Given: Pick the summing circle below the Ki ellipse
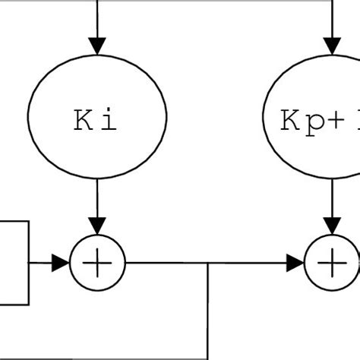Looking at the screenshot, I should [97, 264].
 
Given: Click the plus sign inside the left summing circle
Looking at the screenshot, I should [97, 264].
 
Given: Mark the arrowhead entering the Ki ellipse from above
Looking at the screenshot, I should [96, 45].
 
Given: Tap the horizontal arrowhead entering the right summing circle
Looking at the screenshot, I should [295, 264].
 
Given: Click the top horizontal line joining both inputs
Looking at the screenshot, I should [213, 2].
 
